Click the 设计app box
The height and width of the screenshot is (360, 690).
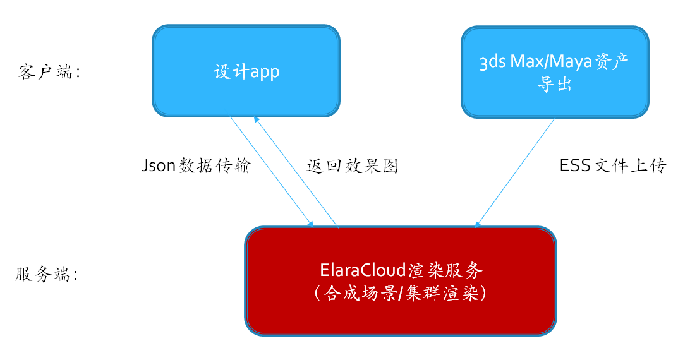point(246,71)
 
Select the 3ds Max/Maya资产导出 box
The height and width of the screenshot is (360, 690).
point(555,72)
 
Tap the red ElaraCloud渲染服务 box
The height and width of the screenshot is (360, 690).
point(401,281)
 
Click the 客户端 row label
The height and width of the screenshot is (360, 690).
point(50,72)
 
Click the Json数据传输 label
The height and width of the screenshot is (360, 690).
point(197,165)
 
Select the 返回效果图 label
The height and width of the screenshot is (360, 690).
point(352,166)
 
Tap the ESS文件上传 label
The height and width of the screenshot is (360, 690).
point(613,165)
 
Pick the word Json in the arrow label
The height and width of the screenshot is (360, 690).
point(159,165)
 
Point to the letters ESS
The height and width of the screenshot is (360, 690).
point(575,165)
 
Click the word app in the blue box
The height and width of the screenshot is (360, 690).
point(265,72)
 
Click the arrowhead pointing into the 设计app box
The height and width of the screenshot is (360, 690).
point(256,119)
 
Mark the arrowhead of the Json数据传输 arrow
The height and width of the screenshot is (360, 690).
point(311,224)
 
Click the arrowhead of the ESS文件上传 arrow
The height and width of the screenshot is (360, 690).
point(478,224)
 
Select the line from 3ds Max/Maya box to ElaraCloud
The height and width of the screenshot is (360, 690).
point(516,172)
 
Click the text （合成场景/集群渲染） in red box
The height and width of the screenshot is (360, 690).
point(401,292)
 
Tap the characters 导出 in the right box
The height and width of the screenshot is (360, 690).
point(555,83)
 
